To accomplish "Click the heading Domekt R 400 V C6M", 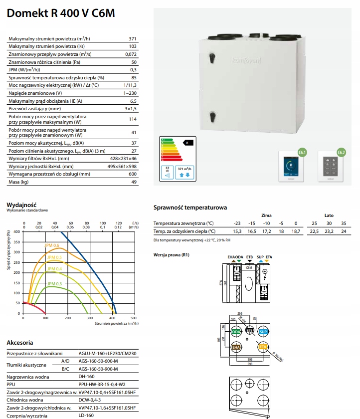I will [61, 13].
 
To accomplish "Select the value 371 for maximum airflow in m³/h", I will [132, 39].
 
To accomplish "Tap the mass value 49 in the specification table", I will [134, 182].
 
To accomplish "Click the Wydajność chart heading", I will [21, 205].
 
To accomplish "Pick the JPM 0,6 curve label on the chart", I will [53, 245].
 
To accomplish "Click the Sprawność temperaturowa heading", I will [190, 207].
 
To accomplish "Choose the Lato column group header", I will [329, 215].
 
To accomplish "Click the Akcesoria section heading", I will [20, 343].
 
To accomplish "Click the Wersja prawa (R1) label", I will [172, 255].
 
